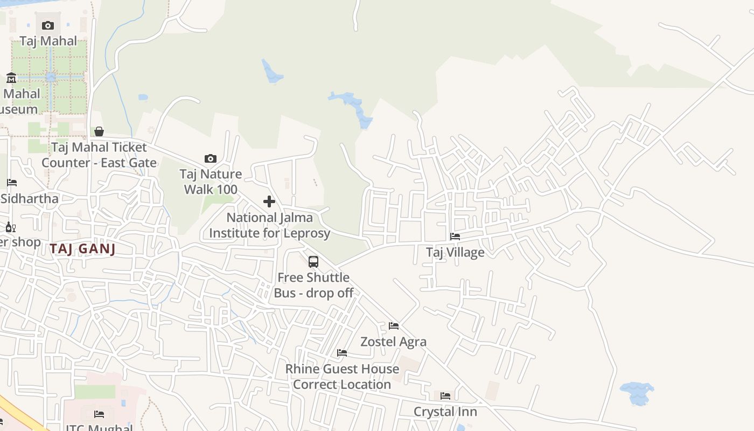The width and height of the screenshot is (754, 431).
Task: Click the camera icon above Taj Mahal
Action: pyautogui.click(x=48, y=25)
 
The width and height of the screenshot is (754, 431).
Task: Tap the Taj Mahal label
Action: pyautogui.click(x=48, y=41)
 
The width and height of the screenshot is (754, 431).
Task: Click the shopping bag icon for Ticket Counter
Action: pyautogui.click(x=99, y=131)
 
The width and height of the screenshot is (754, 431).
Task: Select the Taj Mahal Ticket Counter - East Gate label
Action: pyautogui.click(x=99, y=155)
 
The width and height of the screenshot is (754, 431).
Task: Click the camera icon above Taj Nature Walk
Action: pyautogui.click(x=211, y=158)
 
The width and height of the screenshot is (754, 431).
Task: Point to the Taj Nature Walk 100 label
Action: pyautogui.click(x=211, y=182)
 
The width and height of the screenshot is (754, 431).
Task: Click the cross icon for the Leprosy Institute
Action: pyautogui.click(x=269, y=202)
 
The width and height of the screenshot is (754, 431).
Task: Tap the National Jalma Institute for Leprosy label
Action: pyautogui.click(x=269, y=225)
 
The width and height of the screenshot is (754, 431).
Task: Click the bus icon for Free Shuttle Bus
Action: pyautogui.click(x=313, y=262)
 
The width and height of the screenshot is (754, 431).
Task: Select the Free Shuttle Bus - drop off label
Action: pyautogui.click(x=313, y=285)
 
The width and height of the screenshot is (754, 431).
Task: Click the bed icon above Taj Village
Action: pyautogui.click(x=455, y=237)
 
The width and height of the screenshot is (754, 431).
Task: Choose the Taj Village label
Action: pyautogui.click(x=455, y=252)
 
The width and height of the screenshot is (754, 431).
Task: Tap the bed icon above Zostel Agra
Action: pyautogui.click(x=394, y=326)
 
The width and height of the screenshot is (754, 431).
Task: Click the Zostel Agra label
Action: pyautogui.click(x=394, y=342)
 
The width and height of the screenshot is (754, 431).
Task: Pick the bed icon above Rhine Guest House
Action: pyautogui.click(x=342, y=353)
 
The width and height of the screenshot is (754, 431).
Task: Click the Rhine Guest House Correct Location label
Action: pyautogui.click(x=342, y=377)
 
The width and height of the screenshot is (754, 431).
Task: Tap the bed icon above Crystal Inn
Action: pyautogui.click(x=445, y=396)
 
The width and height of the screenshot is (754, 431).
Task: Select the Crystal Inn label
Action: pyautogui.click(x=445, y=412)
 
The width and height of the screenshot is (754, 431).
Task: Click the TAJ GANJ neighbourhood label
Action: pyautogui.click(x=82, y=249)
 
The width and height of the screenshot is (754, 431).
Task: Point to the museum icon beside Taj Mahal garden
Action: pyautogui.click(x=11, y=78)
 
